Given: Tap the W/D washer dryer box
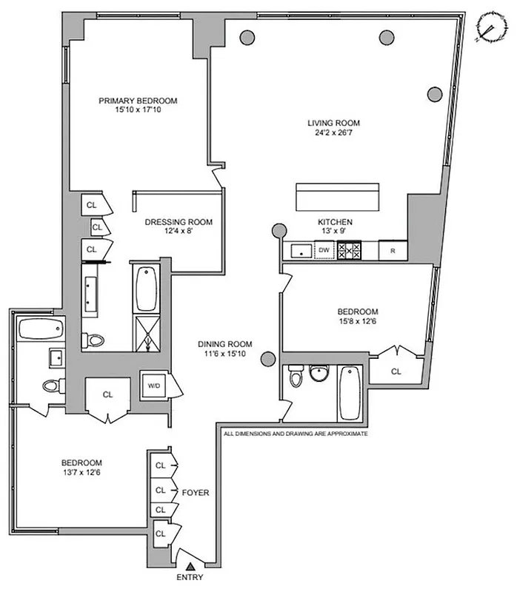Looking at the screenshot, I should coord(155,386).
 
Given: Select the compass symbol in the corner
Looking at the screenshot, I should coord(490,28).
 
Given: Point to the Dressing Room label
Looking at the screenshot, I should coord(179,221).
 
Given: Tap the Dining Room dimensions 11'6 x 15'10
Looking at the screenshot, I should coord(225,354).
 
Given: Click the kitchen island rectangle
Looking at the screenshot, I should coord(338,197).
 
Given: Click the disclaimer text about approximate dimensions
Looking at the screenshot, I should coord(296,434).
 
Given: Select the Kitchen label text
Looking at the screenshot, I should coord(335,222).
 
